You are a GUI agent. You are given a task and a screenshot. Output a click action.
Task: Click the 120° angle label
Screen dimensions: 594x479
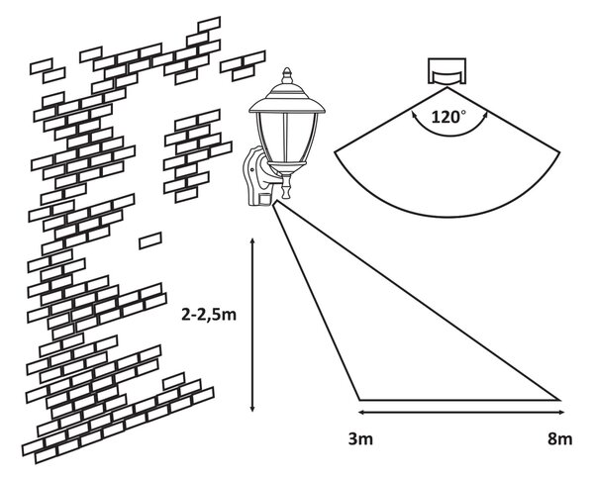pyautogui.click(x=448, y=117)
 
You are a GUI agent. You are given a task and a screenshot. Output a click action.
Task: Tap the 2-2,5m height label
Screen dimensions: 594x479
pyautogui.click(x=209, y=315)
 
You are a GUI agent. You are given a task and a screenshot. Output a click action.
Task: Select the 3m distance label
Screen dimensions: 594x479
pyautogui.click(x=360, y=439)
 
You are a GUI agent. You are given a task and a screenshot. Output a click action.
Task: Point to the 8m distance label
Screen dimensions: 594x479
pyautogui.click(x=560, y=439)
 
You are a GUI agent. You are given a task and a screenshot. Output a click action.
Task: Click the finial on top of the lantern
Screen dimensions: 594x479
pyautogui.click(x=287, y=76)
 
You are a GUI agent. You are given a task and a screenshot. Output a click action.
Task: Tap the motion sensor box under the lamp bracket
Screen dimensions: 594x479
pyautogui.click(x=264, y=199)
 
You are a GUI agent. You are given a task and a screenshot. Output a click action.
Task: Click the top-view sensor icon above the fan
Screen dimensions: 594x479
pyautogui.click(x=447, y=71)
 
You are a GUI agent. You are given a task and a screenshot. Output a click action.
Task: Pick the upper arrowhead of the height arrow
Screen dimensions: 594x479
pyautogui.click(x=252, y=241)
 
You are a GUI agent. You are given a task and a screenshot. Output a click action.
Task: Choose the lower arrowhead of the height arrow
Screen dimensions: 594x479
pyautogui.click(x=252, y=408)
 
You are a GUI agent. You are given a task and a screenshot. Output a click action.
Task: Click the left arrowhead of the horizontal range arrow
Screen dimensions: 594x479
pyautogui.click(x=362, y=412)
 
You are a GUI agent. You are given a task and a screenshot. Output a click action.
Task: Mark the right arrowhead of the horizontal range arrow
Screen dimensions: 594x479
pyautogui.click(x=561, y=412)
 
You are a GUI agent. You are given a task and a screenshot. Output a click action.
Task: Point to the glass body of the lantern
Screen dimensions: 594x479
pyautogui.click(x=287, y=138)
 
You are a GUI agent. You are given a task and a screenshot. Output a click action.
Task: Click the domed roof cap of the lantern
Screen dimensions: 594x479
pyautogui.click(x=287, y=98)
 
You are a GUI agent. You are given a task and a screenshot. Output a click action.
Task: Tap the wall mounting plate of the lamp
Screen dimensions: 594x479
pyautogui.click(x=251, y=176)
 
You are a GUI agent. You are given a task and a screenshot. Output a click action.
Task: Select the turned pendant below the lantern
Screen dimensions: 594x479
pyautogui.click(x=286, y=185)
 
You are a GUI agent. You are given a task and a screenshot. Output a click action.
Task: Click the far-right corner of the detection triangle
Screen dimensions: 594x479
pyautogui.click(x=560, y=400)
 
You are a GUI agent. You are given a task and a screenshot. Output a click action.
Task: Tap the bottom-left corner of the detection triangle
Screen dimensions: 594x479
pyautogui.click(x=359, y=400)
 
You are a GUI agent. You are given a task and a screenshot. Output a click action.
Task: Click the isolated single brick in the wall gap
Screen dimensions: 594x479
pyautogui.click(x=150, y=240)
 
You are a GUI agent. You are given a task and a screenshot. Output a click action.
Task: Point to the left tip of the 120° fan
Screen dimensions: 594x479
pyautogui.click(x=335, y=152)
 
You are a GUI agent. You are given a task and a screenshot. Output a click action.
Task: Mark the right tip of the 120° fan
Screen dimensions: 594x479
pyautogui.click(x=560, y=152)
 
